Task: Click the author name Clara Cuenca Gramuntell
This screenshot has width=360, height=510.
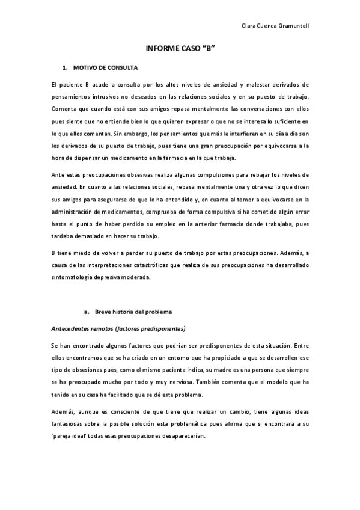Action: [x=275, y=26]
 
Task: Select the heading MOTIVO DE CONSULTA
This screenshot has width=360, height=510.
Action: [x=105, y=67]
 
